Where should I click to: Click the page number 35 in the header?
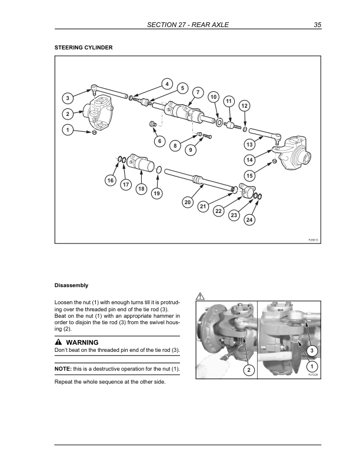318,25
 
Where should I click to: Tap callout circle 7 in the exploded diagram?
198,93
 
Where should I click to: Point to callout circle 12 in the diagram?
245,105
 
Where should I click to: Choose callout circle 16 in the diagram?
110,180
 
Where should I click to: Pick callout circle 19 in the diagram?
156,193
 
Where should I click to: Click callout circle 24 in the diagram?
249,219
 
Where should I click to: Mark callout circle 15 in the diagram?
249,175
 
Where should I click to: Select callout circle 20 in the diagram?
188,202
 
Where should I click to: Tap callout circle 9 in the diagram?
191,150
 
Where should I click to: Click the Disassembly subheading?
71,285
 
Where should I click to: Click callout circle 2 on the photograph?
249,370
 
